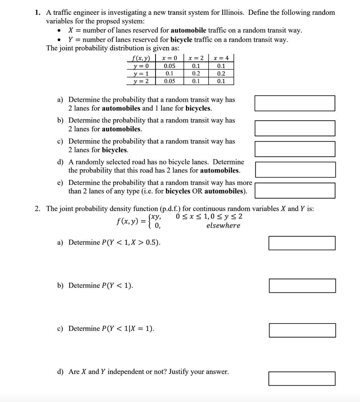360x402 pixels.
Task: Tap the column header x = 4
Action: coord(221,58)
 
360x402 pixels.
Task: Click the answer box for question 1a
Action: coord(295,103)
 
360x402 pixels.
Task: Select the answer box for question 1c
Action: coord(295,149)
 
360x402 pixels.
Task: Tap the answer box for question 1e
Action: coord(295,190)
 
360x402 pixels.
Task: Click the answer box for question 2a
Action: coord(302,243)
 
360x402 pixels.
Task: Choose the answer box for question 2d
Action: coord(302,378)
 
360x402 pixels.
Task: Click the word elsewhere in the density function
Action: coord(223,226)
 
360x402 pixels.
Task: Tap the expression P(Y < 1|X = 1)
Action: coord(128,329)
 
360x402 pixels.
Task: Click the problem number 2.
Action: coord(37,209)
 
